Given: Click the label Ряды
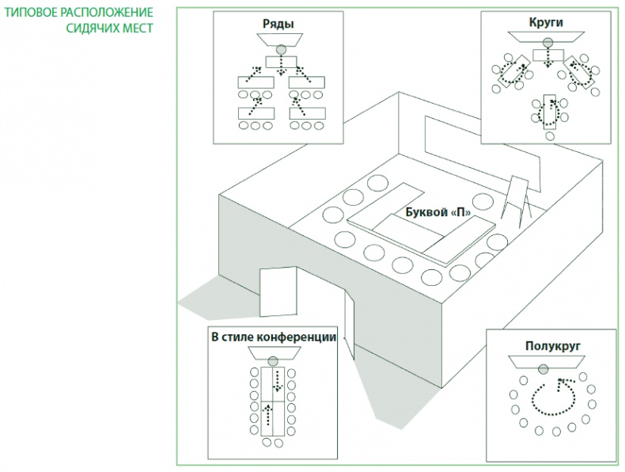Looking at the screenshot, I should pyautogui.click(x=278, y=24).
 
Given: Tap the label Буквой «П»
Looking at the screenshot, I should pyautogui.click(x=433, y=213).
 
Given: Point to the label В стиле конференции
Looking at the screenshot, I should pyautogui.click(x=274, y=337).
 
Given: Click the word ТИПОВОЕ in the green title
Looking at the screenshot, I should pyautogui.click(x=28, y=13).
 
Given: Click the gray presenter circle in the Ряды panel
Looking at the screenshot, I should pyautogui.click(x=279, y=48).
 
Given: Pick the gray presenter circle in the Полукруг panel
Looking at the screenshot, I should pyautogui.click(x=543, y=369).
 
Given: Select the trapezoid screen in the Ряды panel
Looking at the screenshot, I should pyautogui.click(x=278, y=39).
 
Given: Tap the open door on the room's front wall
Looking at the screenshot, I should pyautogui.click(x=278, y=293).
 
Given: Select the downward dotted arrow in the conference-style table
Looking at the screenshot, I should pyautogui.click(x=278, y=380).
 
